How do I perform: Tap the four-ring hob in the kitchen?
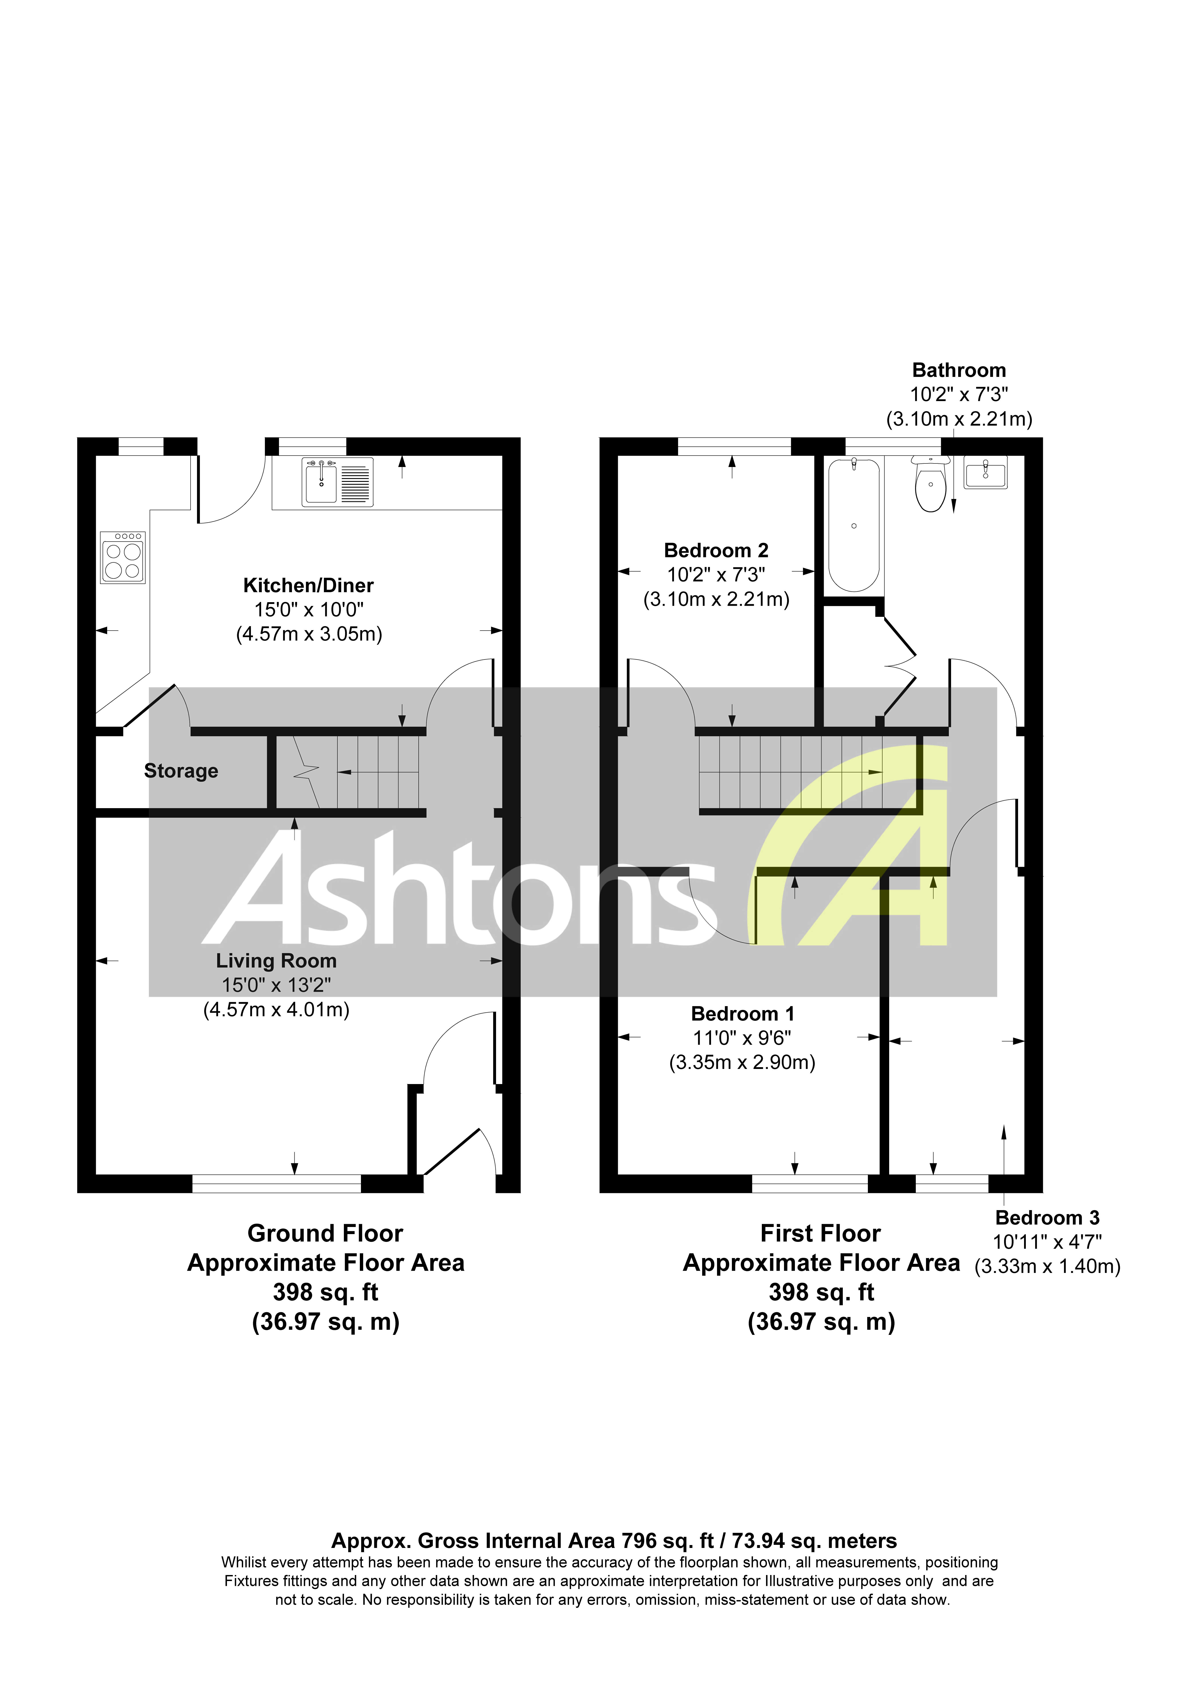(x=122, y=558)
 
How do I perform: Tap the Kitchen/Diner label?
(x=308, y=585)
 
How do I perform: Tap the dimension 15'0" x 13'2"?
(x=276, y=985)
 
